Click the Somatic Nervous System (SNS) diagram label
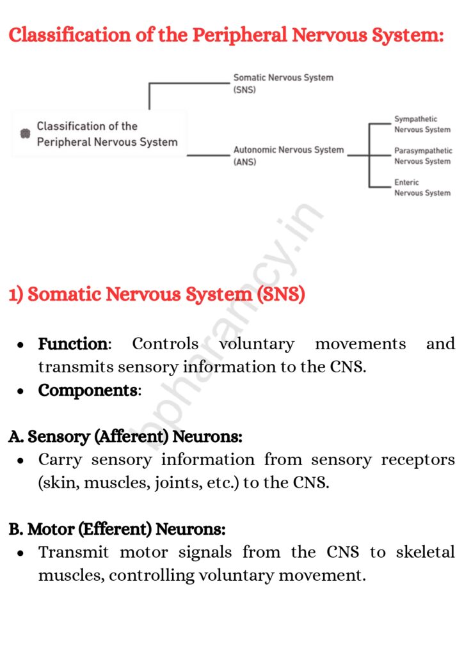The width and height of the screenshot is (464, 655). coord(283,84)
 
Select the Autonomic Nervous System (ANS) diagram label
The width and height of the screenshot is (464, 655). coord(288,155)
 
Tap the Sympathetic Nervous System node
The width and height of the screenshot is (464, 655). coord(422,124)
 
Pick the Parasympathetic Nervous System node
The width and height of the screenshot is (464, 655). coord(422,156)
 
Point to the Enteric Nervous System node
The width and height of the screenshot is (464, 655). coord(422,187)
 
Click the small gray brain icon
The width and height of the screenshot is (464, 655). coord(25,134)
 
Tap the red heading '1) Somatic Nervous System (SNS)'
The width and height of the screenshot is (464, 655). coord(157,295)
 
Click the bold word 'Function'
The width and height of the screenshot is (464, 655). coord(72,344)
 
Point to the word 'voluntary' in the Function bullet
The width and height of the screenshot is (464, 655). coord(257,344)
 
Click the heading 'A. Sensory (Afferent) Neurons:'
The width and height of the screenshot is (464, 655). coord(125,437)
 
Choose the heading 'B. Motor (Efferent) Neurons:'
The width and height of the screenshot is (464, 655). coord(116,530)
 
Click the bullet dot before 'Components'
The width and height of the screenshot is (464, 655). coord(21,391)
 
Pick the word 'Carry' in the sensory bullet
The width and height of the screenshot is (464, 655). coord(60,460)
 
